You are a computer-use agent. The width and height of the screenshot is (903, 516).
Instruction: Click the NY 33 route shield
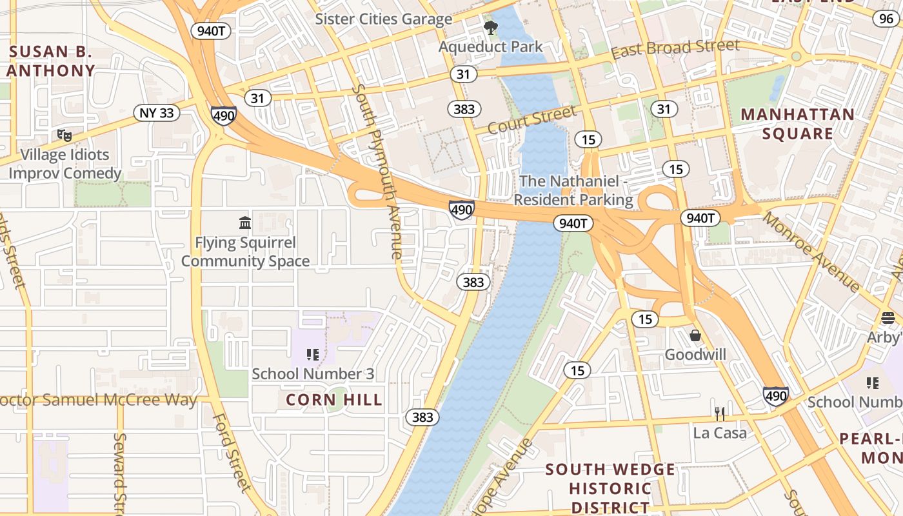pos(157,113)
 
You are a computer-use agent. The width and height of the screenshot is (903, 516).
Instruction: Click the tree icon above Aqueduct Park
pos(491,27)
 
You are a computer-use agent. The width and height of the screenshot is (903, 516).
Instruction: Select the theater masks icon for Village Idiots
pos(64,135)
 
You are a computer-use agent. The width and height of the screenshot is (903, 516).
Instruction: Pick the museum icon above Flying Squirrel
pos(245,223)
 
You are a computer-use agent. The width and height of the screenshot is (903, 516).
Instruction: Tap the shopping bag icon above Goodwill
pos(695,335)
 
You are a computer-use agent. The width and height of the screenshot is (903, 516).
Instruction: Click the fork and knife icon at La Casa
pos(720,413)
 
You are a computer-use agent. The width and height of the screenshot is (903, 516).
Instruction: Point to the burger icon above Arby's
pos(888,317)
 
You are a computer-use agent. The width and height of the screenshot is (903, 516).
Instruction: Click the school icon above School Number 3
pos(313,354)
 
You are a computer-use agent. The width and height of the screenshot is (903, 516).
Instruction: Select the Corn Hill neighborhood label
pos(334,400)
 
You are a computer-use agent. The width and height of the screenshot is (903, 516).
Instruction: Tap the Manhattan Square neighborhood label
pos(797,124)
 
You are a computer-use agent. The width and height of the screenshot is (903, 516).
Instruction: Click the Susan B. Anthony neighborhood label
pos(50,61)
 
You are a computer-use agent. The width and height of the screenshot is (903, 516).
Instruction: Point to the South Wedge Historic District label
pos(610,488)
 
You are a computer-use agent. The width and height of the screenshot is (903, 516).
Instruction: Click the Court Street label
pos(531,120)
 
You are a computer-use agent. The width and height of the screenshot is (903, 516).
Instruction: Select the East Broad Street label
pos(675,48)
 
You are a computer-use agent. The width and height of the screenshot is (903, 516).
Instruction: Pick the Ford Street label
pos(231,451)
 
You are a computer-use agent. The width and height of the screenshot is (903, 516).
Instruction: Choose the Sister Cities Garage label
pos(383,19)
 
